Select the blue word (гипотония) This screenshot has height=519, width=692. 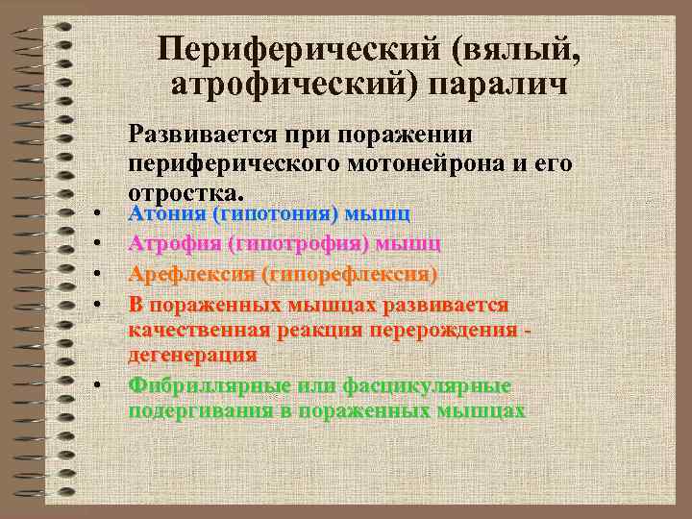click(x=278, y=212)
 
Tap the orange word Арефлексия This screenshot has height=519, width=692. click(x=190, y=275)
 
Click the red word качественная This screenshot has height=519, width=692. click(x=199, y=330)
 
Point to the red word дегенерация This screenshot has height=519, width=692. click(x=192, y=354)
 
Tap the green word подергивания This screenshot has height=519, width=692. click(x=197, y=410)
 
